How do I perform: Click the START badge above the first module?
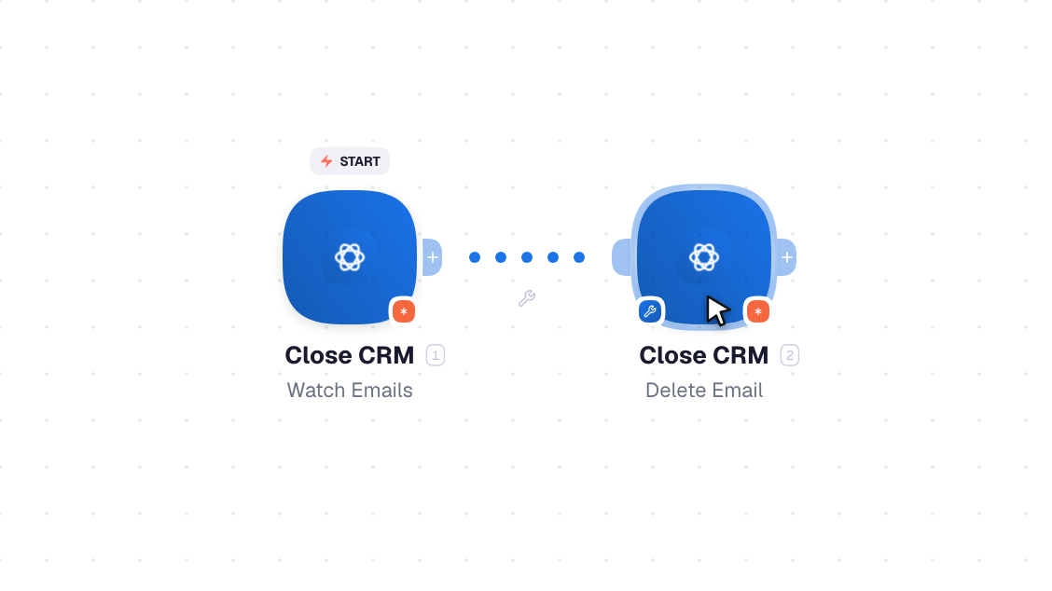tap(350, 161)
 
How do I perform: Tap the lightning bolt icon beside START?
tap(326, 161)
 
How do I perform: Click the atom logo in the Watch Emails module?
tap(350, 257)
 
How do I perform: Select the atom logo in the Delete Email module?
tap(704, 257)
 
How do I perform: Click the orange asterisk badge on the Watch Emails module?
tap(403, 311)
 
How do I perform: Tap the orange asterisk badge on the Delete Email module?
tap(757, 311)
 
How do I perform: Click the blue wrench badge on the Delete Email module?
tap(649, 311)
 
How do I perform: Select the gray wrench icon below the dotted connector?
tap(527, 298)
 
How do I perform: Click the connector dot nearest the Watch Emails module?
tap(475, 257)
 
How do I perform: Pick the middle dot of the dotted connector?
tap(527, 257)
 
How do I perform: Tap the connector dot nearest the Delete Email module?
tap(579, 257)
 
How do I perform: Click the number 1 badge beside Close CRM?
tap(436, 355)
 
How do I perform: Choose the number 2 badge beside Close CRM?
tap(790, 355)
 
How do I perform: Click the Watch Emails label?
tap(350, 391)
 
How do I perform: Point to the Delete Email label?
tap(704, 391)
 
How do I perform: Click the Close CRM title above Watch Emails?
tap(350, 355)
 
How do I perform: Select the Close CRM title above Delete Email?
tap(704, 355)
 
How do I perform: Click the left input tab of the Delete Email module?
tap(622, 257)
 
